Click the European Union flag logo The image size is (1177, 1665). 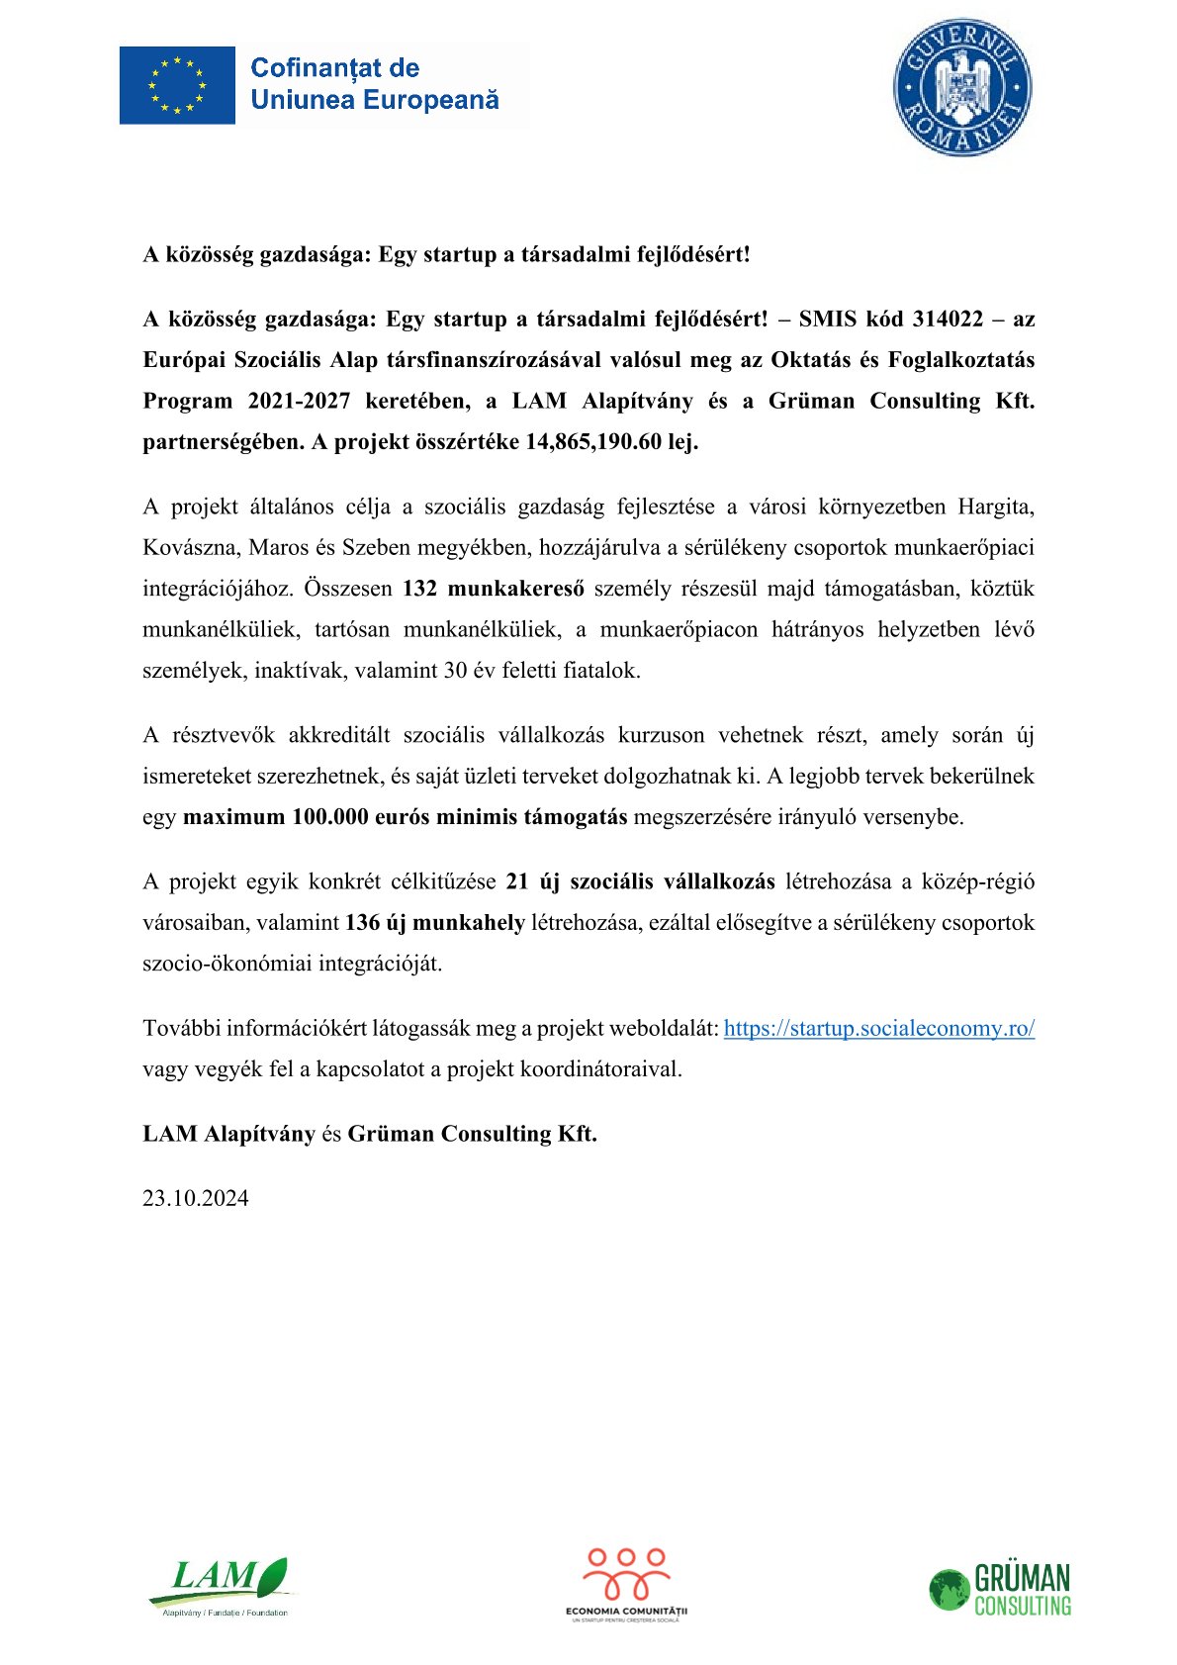click(177, 85)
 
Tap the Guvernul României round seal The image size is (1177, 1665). click(961, 87)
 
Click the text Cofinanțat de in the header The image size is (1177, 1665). click(334, 68)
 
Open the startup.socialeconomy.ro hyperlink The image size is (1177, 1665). click(878, 1028)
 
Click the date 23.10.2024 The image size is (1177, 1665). click(196, 1198)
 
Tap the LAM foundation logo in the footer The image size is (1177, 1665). click(222, 1587)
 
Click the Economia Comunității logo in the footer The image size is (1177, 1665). click(627, 1584)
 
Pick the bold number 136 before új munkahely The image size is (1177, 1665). click(362, 923)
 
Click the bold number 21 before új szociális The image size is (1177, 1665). click(516, 881)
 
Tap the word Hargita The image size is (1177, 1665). click(995, 507)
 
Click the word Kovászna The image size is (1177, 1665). click(189, 548)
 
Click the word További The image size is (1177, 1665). click(182, 1028)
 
